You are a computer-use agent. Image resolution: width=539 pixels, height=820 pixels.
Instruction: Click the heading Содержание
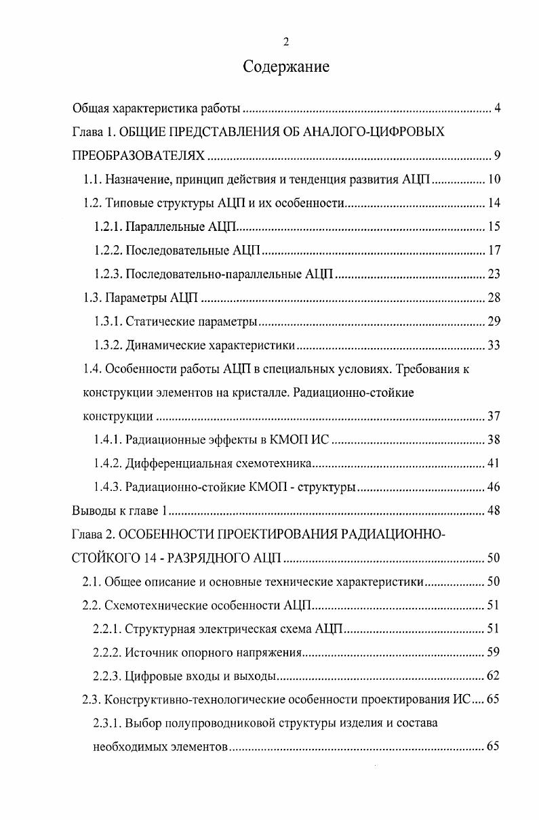click(285, 67)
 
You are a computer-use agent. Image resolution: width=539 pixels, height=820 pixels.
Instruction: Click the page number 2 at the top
click(285, 42)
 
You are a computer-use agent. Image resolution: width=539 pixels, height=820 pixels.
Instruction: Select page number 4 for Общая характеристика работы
click(497, 108)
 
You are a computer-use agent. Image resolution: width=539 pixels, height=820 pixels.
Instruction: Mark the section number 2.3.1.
click(107, 722)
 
